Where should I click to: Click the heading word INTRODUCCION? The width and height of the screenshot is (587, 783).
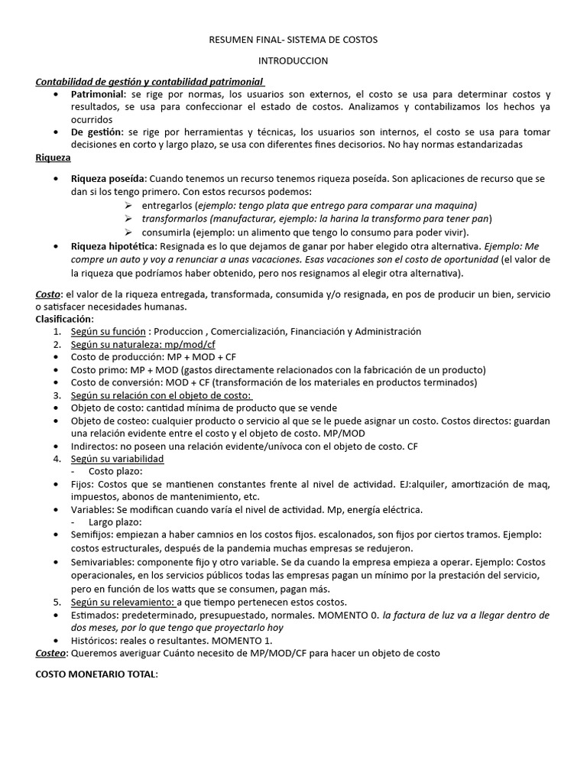[x=293, y=60]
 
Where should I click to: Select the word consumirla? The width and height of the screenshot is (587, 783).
[x=167, y=232]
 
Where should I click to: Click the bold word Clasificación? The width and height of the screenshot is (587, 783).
[x=64, y=319]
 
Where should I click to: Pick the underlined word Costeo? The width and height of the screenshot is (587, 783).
[x=51, y=653]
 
